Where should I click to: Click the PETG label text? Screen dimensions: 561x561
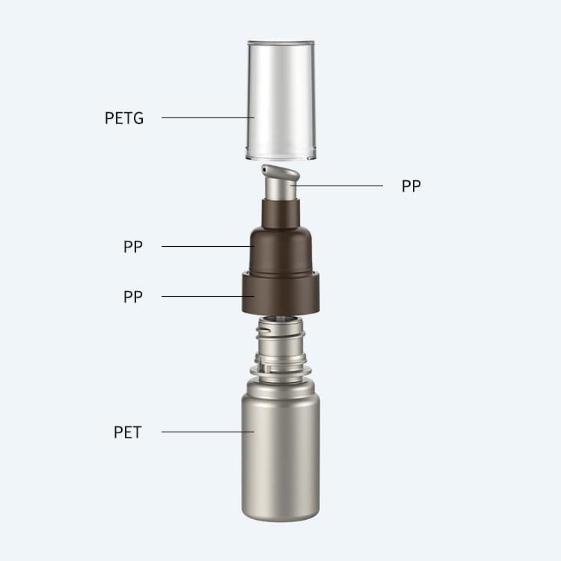click(x=124, y=118)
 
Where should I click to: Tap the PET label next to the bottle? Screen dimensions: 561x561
click(x=128, y=432)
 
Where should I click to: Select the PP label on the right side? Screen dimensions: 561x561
click(x=411, y=186)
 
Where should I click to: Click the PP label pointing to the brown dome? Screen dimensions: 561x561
click(x=133, y=247)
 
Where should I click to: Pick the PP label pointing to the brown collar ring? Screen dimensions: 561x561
click(x=133, y=297)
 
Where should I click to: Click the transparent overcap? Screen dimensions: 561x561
click(x=281, y=100)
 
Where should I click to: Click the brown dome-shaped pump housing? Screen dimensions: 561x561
click(x=280, y=251)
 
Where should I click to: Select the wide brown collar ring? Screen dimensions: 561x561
click(x=280, y=293)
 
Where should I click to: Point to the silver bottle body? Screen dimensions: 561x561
click(x=280, y=451)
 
